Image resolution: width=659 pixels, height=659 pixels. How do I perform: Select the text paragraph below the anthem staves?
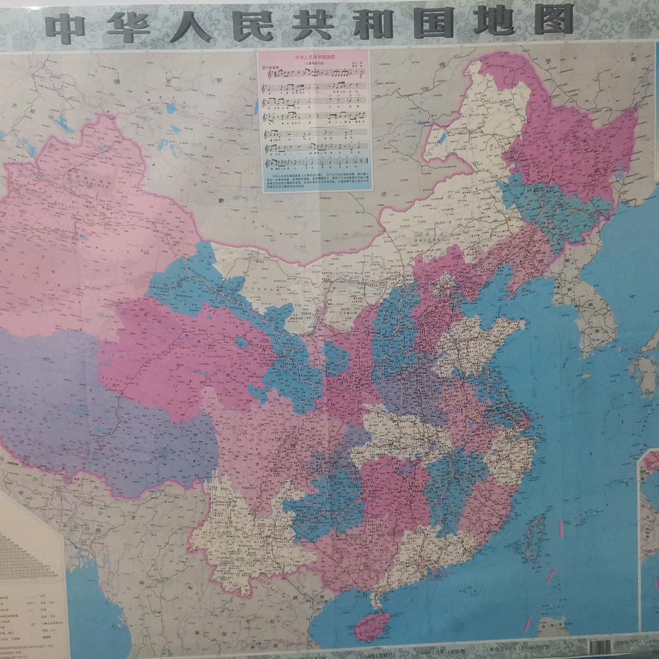[316, 181]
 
